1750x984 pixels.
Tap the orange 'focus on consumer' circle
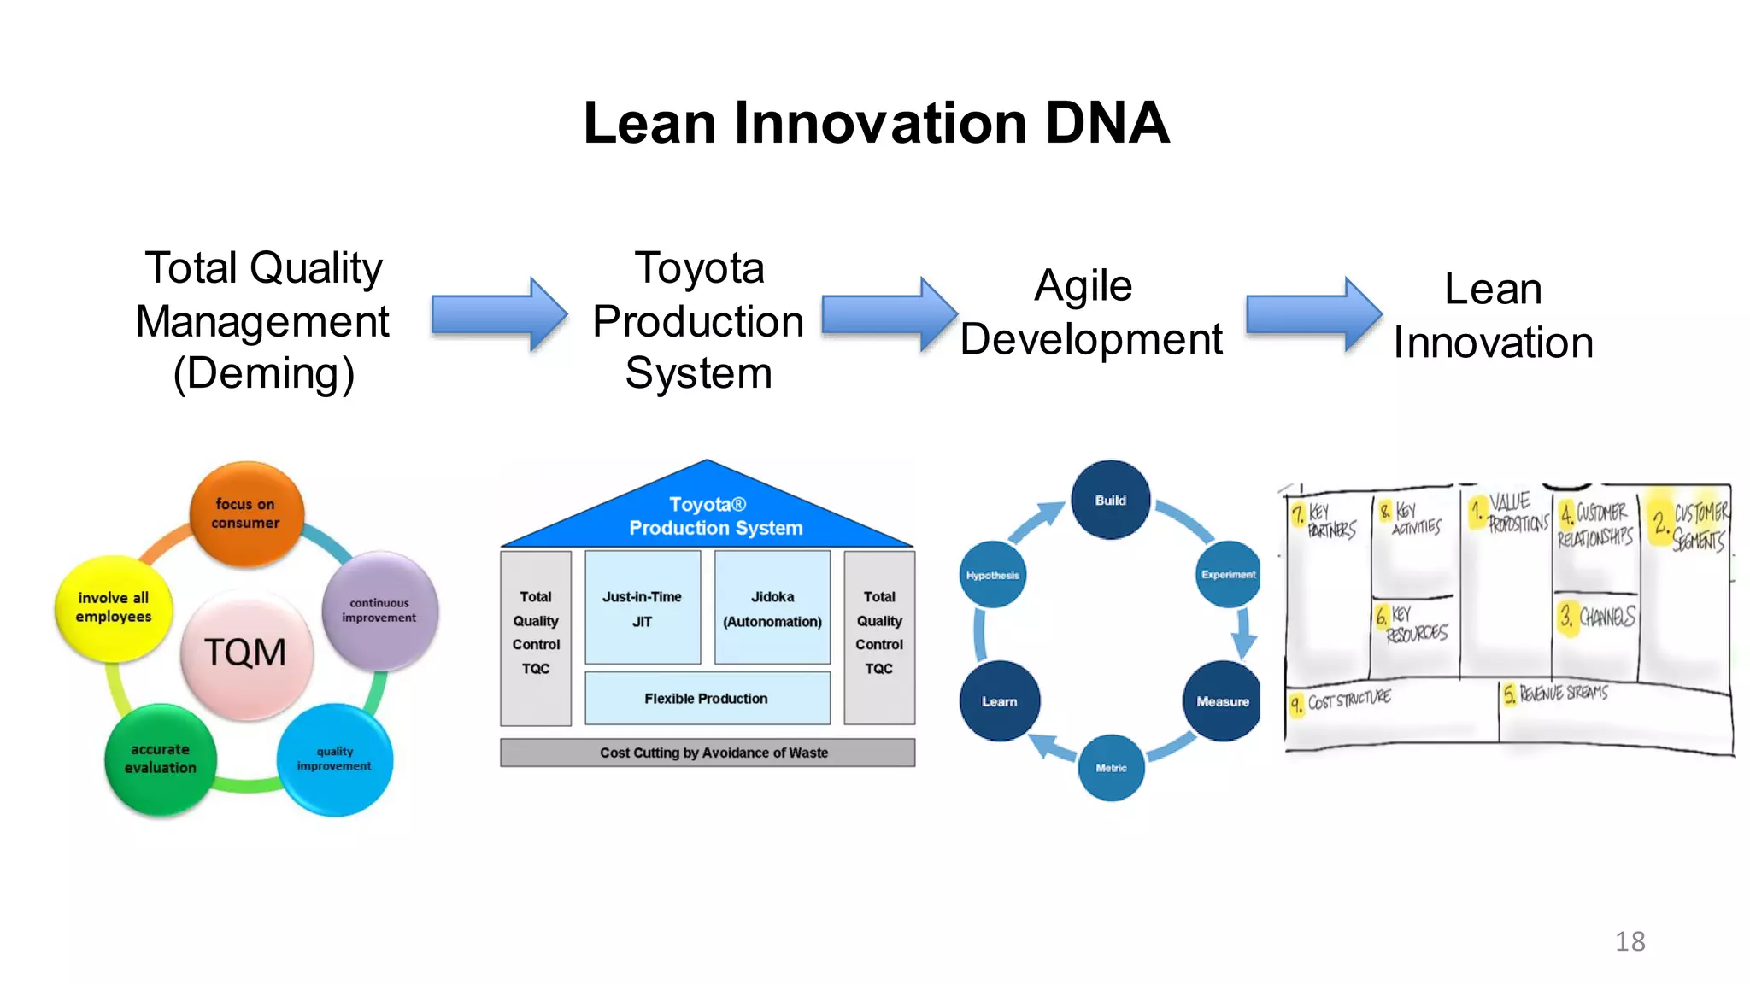246,513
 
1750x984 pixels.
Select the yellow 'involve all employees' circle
114,607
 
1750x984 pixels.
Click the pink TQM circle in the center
246,653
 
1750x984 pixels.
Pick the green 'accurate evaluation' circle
160,758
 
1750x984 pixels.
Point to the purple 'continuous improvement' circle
379,610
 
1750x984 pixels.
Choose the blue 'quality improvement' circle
334,758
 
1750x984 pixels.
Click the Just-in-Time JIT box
642,608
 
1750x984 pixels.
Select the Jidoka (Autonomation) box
772,608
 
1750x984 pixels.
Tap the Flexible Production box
707,698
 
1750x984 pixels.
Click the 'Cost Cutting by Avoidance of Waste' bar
708,753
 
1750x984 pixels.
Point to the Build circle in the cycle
1110,501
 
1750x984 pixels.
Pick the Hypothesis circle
992,575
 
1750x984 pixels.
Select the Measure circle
1222,701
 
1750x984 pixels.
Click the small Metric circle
1111,768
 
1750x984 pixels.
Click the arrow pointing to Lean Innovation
1313,314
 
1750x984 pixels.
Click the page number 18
1630,941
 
